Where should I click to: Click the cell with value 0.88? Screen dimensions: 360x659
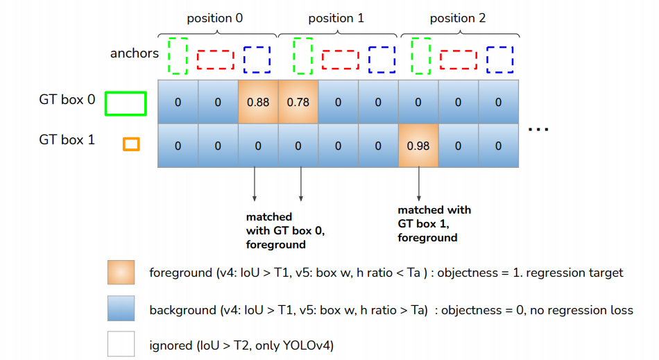point(258,103)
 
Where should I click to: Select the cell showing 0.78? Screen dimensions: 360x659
point(298,103)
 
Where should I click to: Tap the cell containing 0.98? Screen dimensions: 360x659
point(418,146)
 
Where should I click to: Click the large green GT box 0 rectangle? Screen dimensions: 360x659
point(126,103)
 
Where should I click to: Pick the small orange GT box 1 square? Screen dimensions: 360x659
point(131,144)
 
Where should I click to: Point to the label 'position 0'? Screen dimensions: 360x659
point(216,18)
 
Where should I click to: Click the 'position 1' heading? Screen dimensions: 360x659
point(336,18)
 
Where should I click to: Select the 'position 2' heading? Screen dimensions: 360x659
point(457,18)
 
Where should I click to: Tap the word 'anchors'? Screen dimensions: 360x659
point(135,53)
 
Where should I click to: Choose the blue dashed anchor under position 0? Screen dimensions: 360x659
point(257,60)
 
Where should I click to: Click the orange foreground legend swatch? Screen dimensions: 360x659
point(121,273)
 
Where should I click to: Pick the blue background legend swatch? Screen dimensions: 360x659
point(121,309)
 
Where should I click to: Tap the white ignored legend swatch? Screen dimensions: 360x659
point(121,343)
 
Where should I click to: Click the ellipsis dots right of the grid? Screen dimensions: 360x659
point(538,129)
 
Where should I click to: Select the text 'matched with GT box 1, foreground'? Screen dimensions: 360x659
point(434,223)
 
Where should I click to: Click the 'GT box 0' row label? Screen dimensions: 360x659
point(67,99)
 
